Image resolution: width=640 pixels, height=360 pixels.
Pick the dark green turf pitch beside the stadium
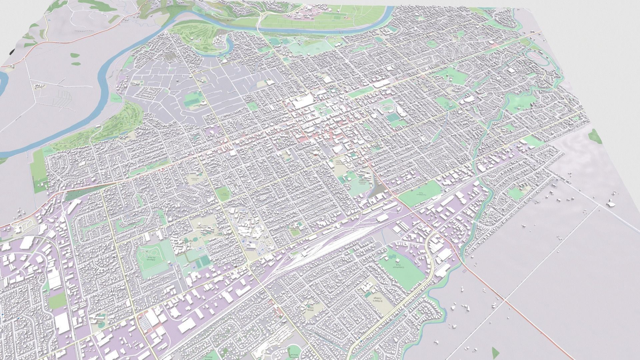click(x=394, y=117)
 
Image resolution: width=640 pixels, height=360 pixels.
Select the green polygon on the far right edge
click(x=594, y=136)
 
